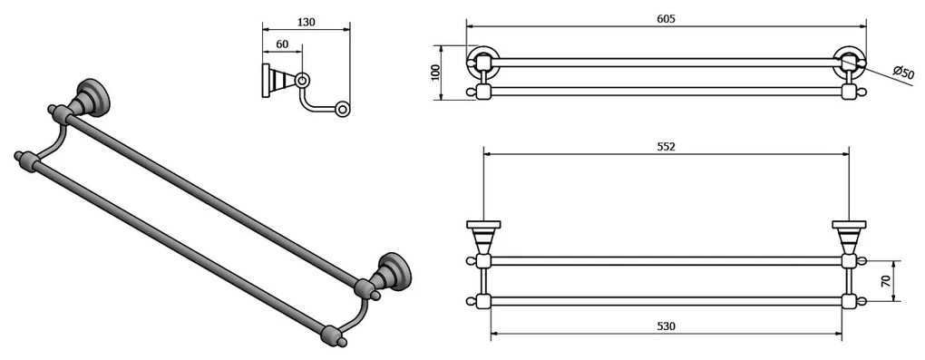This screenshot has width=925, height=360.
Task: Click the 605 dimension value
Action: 667,19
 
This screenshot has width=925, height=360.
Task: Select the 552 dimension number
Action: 667,145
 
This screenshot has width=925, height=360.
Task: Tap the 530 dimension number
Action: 667,326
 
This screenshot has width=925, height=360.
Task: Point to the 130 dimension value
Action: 306,23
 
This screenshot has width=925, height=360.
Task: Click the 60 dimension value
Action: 281,44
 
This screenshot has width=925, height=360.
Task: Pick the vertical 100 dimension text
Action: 434,72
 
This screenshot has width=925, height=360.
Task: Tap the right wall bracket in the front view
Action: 850,237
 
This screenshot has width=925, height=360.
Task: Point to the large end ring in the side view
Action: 342,110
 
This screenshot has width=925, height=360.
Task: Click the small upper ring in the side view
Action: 302,80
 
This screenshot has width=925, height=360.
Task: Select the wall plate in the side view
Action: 267,80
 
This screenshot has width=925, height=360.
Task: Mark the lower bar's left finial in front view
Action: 470,300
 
